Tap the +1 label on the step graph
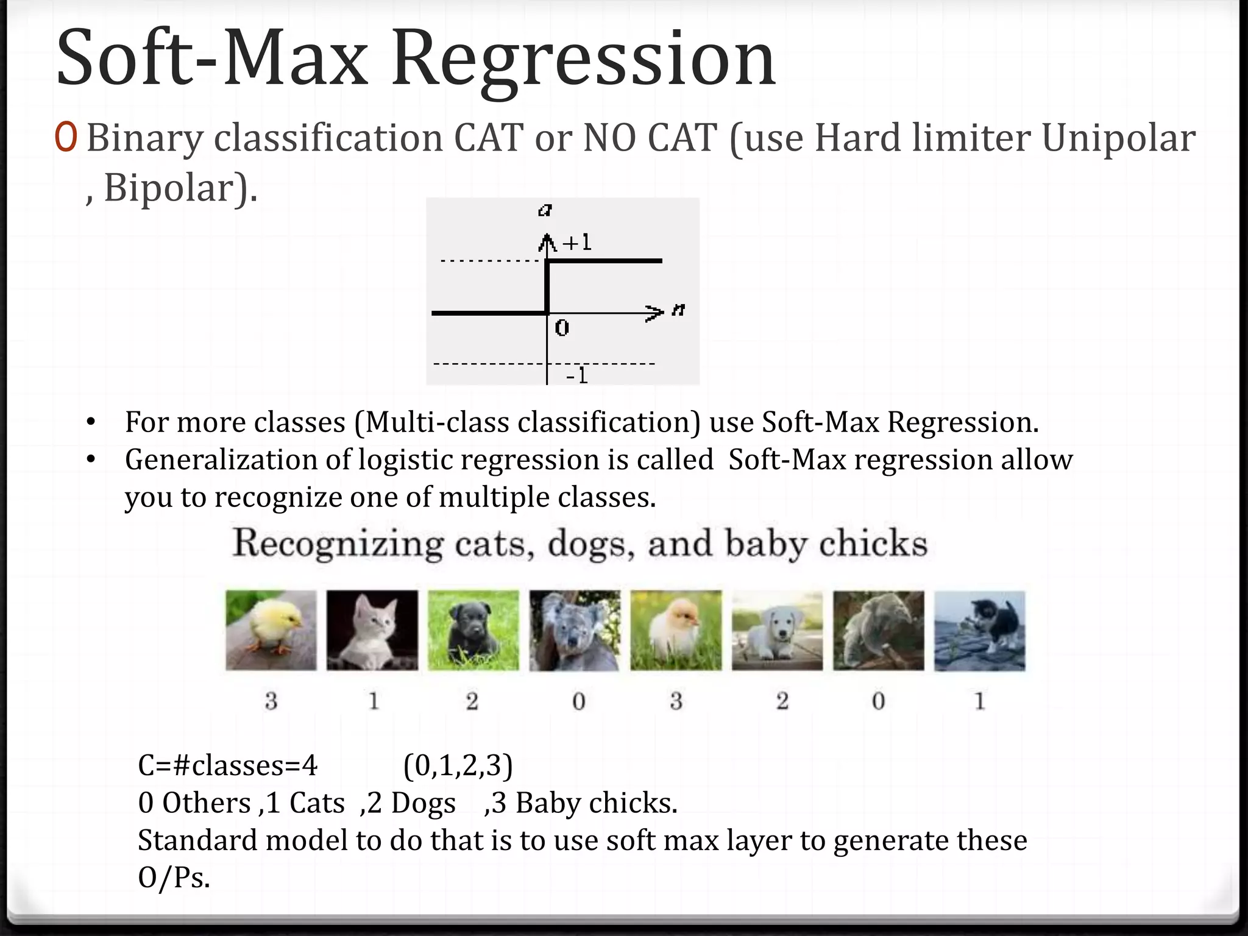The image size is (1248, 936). [x=577, y=243]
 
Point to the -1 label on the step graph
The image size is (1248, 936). [x=576, y=375]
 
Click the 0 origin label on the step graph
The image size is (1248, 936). [x=562, y=328]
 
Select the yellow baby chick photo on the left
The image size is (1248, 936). [x=271, y=630]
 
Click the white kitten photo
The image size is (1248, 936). [x=372, y=630]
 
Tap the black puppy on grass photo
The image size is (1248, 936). [x=473, y=630]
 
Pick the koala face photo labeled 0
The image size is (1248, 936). [x=575, y=630]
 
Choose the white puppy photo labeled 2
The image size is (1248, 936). [x=777, y=630]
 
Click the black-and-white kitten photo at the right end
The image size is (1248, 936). [x=980, y=630]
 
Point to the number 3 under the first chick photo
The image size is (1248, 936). [x=271, y=701]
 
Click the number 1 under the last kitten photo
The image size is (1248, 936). [x=980, y=701]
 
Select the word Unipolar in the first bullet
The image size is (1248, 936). [x=1118, y=138]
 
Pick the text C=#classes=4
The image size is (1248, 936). [x=227, y=766]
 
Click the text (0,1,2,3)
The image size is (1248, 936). [x=458, y=766]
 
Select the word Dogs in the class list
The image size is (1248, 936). [x=423, y=803]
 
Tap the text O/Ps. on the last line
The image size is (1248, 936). [x=174, y=878]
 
